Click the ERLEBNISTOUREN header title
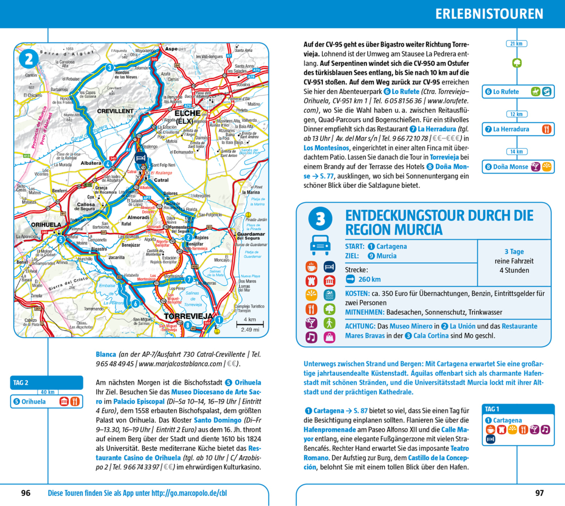488,14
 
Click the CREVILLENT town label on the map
115,110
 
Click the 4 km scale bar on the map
249,324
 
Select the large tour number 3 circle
320,219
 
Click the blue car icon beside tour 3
320,245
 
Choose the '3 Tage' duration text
514,251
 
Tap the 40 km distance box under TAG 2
48,392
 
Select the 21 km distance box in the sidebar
516,44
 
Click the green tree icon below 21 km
516,63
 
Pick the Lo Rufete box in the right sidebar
518,92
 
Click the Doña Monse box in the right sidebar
518,166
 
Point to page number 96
26,492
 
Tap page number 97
539,492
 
